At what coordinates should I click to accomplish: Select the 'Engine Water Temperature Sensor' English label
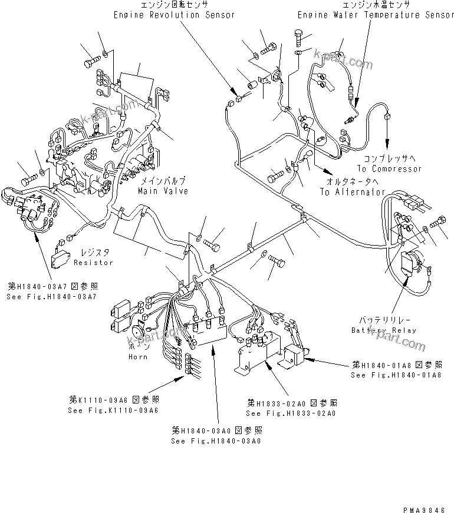pyautogui.click(x=376, y=15)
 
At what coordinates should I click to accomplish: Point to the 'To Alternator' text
pyautogui.click(x=352, y=192)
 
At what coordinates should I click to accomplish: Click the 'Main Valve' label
pyautogui.click(x=163, y=191)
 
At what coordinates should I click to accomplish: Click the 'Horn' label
pyautogui.click(x=137, y=357)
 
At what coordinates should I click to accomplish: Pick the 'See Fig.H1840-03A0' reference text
pyautogui.click(x=216, y=441)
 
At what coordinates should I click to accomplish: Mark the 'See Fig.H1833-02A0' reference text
pyautogui.click(x=292, y=414)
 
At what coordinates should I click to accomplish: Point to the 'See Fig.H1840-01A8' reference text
pyautogui.click(x=396, y=375)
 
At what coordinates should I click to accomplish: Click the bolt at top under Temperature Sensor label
pyautogui.click(x=300, y=38)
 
